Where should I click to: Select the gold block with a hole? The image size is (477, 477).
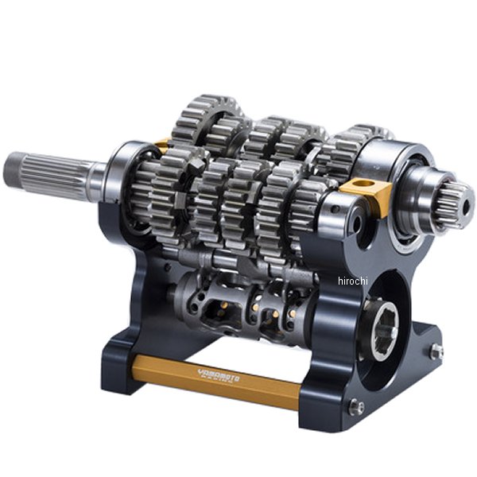point(366,191)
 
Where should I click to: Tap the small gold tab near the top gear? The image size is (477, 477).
point(162,144)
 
